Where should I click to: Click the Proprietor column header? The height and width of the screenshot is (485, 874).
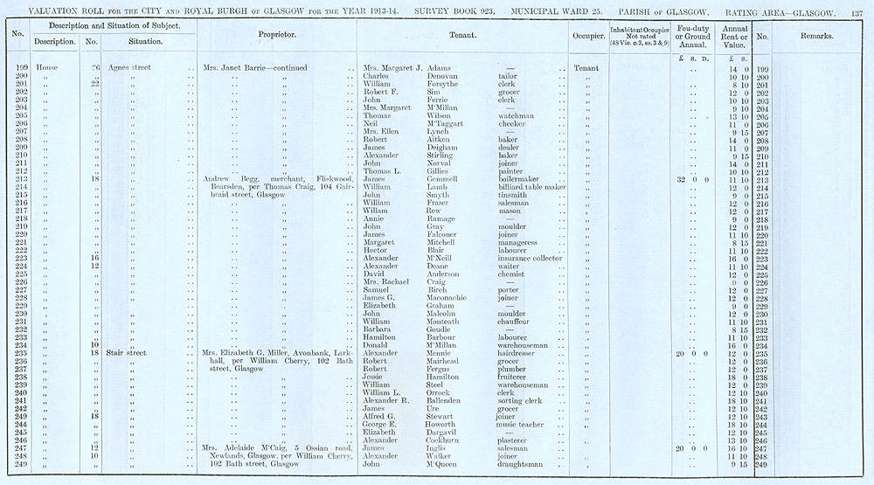[279, 36]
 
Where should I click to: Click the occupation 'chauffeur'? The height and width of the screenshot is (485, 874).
[516, 322]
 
